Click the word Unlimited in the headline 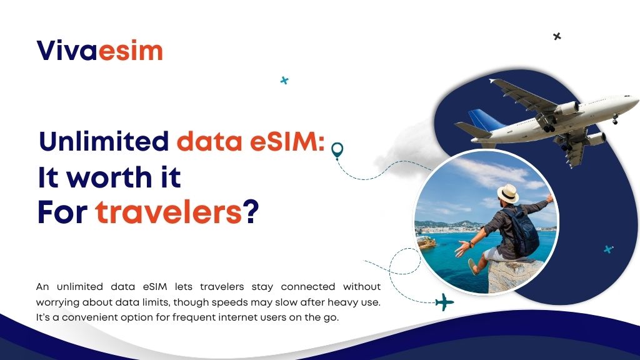104,142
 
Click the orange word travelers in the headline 168,214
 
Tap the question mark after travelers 251,214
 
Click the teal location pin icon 337,150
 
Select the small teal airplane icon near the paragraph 444,302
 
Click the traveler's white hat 507,192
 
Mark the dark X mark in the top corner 557,36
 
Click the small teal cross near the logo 284,80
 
